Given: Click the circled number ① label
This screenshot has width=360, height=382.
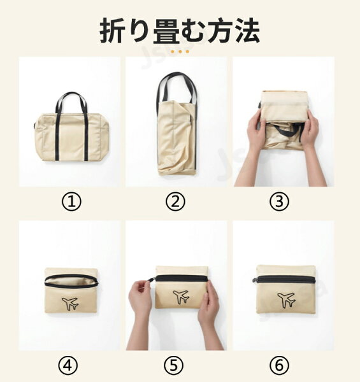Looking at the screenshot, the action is click(71, 202).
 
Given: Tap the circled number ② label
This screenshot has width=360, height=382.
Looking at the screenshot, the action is click(175, 202).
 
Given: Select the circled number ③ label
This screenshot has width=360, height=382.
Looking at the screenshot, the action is click(279, 202).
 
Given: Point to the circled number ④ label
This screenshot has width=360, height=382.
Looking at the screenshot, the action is click(68, 365).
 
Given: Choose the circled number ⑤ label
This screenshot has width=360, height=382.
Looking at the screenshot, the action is click(173, 365).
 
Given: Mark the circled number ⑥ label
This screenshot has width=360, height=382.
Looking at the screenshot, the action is click(279, 365).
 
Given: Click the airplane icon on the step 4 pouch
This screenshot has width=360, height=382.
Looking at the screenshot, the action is click(70, 304).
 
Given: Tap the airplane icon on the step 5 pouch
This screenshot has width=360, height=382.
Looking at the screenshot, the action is click(181, 297).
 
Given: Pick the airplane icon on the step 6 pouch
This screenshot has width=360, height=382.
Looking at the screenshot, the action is click(286, 300).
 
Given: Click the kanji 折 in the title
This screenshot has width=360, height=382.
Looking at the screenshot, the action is click(111, 31).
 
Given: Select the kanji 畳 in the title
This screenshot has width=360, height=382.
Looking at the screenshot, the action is click(165, 31).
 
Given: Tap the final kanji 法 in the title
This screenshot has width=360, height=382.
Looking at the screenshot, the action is click(247, 31).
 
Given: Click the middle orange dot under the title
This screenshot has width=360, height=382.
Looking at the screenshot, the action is click(180, 52).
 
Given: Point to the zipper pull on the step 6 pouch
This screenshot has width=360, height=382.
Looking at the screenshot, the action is click(254, 280).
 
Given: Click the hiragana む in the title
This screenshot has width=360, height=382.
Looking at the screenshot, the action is click(192, 31).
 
